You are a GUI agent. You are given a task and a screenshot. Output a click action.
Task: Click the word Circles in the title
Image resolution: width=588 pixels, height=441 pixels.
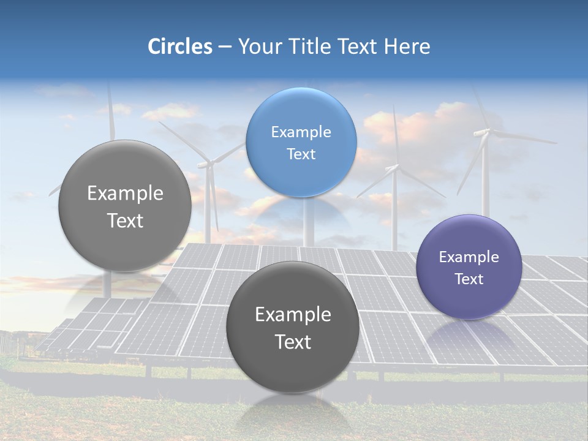pos(179,47)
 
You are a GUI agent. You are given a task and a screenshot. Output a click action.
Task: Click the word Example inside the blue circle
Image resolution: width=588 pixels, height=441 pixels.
pos(301,132)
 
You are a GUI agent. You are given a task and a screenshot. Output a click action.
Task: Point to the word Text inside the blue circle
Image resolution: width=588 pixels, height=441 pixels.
pos(301,154)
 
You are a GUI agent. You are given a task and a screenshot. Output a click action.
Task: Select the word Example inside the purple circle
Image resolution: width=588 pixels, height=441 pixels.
pos(469,257)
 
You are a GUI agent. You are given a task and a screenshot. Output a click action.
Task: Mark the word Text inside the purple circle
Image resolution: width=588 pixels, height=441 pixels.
pos(469,279)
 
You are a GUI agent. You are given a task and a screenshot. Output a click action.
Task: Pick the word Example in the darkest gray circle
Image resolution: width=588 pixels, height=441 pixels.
pos(293,314)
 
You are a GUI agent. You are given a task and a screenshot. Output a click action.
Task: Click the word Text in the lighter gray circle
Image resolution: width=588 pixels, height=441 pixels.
pos(125,221)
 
